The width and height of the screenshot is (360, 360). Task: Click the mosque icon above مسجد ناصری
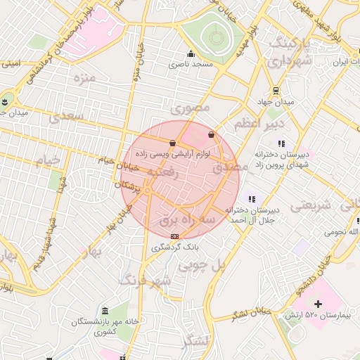[190, 54]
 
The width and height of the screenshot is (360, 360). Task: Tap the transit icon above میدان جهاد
[275, 91]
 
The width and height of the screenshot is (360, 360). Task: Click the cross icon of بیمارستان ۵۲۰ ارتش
[318, 304]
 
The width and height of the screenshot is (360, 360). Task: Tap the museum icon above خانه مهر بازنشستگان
[105, 311]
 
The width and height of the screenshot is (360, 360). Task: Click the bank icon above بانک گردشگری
[174, 236]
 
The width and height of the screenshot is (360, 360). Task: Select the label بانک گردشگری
[175, 247]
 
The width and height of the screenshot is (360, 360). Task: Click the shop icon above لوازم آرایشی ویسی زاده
[173, 143]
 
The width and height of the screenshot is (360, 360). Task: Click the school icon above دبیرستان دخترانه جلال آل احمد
[252, 199]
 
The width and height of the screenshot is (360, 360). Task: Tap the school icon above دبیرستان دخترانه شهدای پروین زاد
[282, 143]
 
